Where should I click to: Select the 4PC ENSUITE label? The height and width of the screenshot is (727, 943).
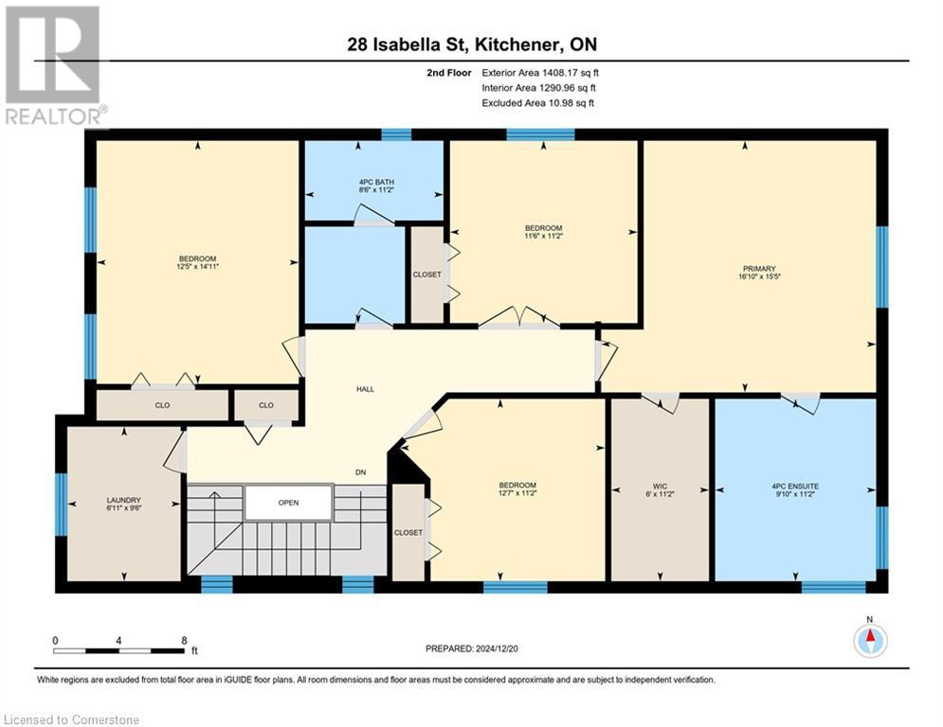pos(795,486)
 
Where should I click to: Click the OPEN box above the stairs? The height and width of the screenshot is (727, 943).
pos(288,503)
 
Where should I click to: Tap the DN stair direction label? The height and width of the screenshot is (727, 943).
pos(361,472)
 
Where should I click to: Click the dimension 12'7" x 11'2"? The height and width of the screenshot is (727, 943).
pos(517,494)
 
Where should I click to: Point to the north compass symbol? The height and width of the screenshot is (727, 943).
pos(869,639)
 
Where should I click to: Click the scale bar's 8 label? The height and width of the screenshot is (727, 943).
pos(183,640)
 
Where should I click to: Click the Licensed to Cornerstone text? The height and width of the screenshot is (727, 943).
pos(72,720)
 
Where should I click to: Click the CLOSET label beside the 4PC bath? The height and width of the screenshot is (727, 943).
pos(426,275)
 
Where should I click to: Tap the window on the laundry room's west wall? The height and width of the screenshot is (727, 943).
pos(61,504)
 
